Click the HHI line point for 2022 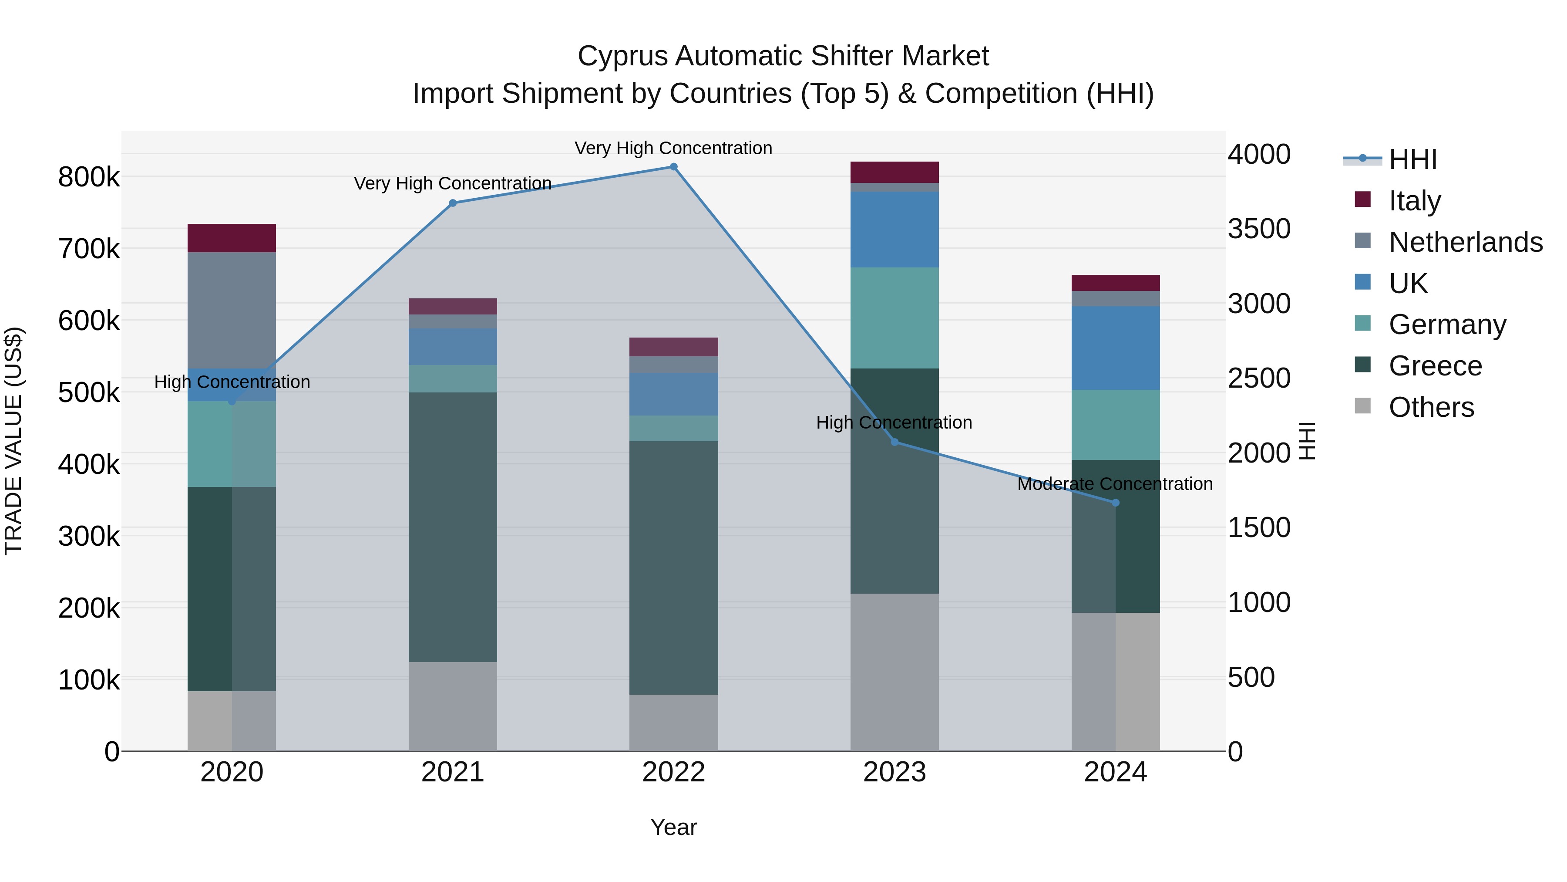pos(673,167)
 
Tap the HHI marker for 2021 pos(453,203)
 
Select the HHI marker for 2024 pos(1116,503)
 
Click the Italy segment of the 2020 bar pos(232,238)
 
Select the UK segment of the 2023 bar pos(894,230)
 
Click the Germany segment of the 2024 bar pos(1116,425)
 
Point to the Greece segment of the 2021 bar pos(453,527)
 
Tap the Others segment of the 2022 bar pos(673,723)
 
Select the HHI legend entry pos(1412,159)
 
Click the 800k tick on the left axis pos(89,177)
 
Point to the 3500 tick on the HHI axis pos(1258,229)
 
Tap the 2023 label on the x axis pos(894,772)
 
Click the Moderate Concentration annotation pos(1115,484)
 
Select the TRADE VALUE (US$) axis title pos(13,441)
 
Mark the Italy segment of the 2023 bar pos(894,172)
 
